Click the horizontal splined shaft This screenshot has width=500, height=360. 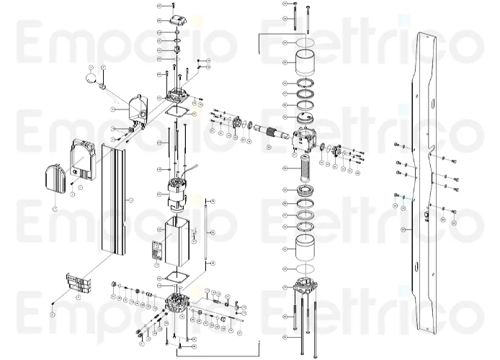pos(277,131)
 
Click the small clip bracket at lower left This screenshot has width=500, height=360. pos(77,283)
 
